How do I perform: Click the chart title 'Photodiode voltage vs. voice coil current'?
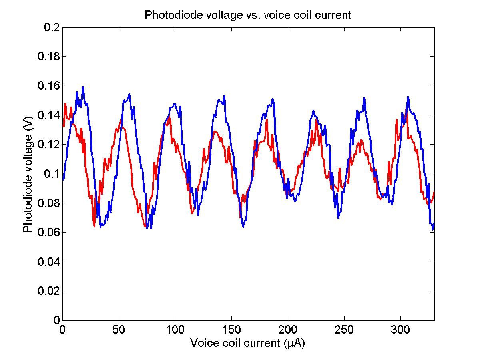pos(248,15)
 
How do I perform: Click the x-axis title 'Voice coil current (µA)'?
pos(247,343)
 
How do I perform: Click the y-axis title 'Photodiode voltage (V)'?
pos(28,174)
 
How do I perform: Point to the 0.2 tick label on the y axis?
pos(52,27)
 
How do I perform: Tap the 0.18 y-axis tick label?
pos(49,56)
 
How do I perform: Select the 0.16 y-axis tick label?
pos(49,86)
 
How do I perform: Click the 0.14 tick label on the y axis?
pos(49,115)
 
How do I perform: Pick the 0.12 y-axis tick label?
pos(49,145)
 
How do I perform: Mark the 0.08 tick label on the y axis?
pos(49,203)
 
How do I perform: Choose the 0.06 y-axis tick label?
pos(49,233)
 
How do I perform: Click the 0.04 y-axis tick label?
pos(49,262)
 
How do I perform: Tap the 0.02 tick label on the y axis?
pos(49,291)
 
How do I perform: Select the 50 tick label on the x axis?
pos(119,329)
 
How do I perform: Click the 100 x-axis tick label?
pos(175,329)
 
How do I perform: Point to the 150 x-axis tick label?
pos(231,329)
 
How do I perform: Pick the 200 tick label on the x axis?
pos(288,329)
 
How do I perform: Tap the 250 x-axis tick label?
pos(344,329)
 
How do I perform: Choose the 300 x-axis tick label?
pos(400,329)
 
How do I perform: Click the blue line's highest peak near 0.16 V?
pos(83,87)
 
